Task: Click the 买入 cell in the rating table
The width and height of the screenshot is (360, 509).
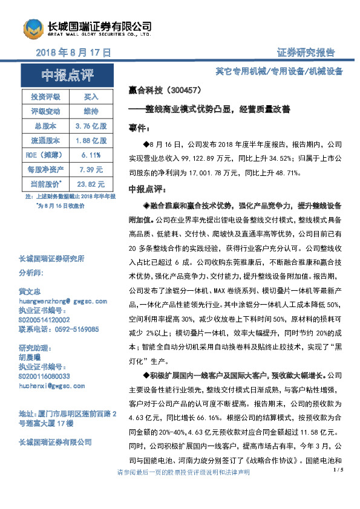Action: point(91,97)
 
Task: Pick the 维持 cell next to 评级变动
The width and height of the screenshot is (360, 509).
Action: point(91,111)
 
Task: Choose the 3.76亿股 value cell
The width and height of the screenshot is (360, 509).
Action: point(91,126)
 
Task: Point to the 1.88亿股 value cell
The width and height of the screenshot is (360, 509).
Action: point(91,140)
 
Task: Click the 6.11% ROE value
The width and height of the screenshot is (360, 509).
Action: point(91,155)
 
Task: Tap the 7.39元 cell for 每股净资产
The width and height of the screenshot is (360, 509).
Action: point(91,169)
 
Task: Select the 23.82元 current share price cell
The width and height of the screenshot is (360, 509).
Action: point(91,184)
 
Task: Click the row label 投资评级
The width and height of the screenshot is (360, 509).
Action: point(45,97)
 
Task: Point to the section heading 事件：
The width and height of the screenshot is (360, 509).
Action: point(139,129)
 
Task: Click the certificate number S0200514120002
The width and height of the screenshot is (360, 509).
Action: point(44,320)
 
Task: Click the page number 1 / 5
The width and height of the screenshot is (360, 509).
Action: point(338,468)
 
